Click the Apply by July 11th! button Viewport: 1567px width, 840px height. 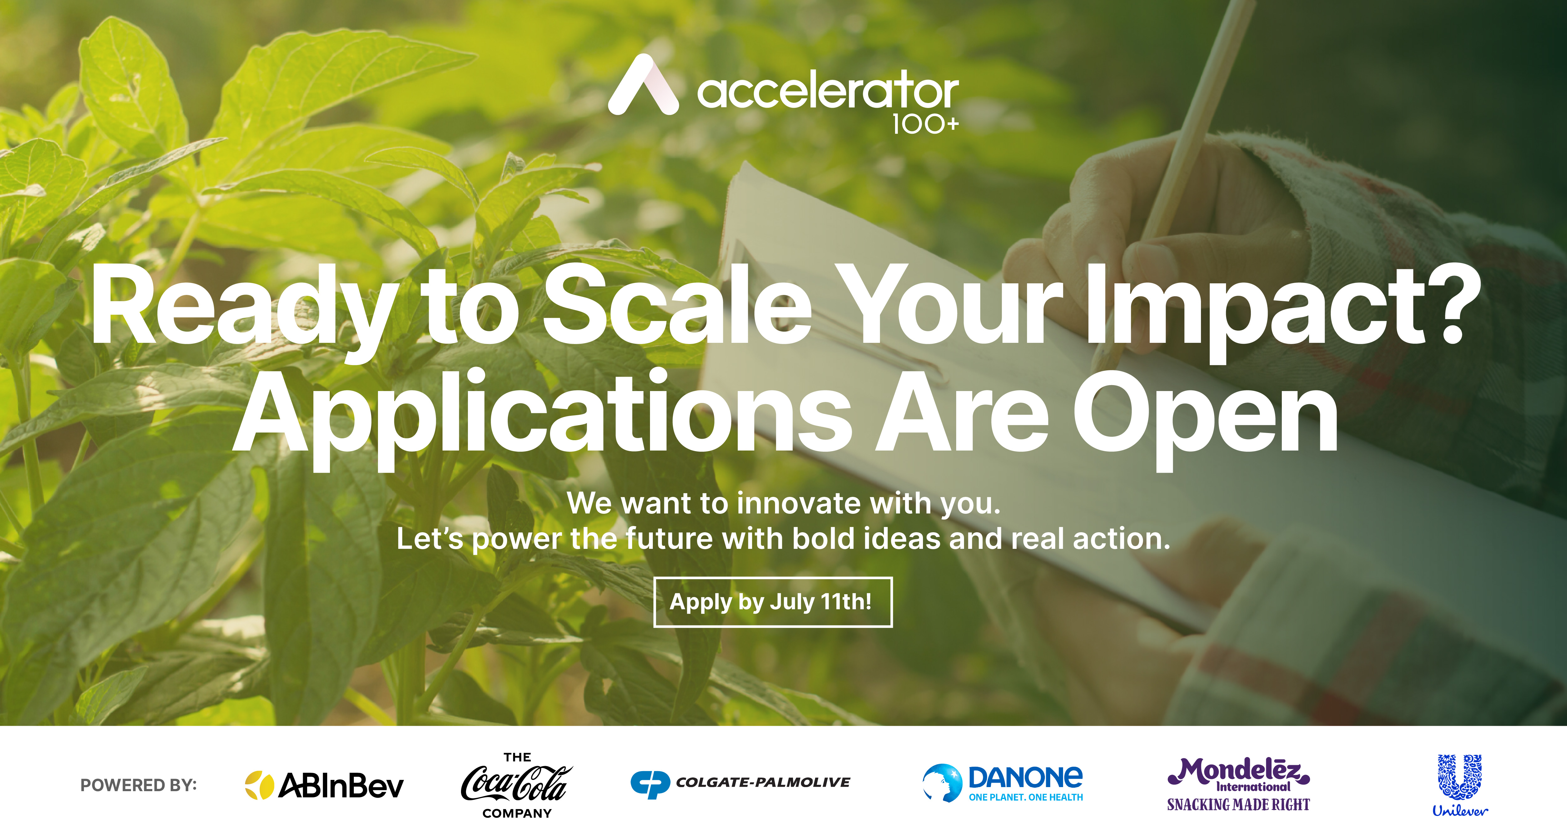(x=773, y=602)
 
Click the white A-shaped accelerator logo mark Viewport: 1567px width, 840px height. (x=643, y=85)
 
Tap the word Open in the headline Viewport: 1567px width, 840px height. (x=1204, y=420)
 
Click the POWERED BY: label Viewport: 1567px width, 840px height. (x=139, y=785)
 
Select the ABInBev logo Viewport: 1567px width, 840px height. (x=324, y=785)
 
